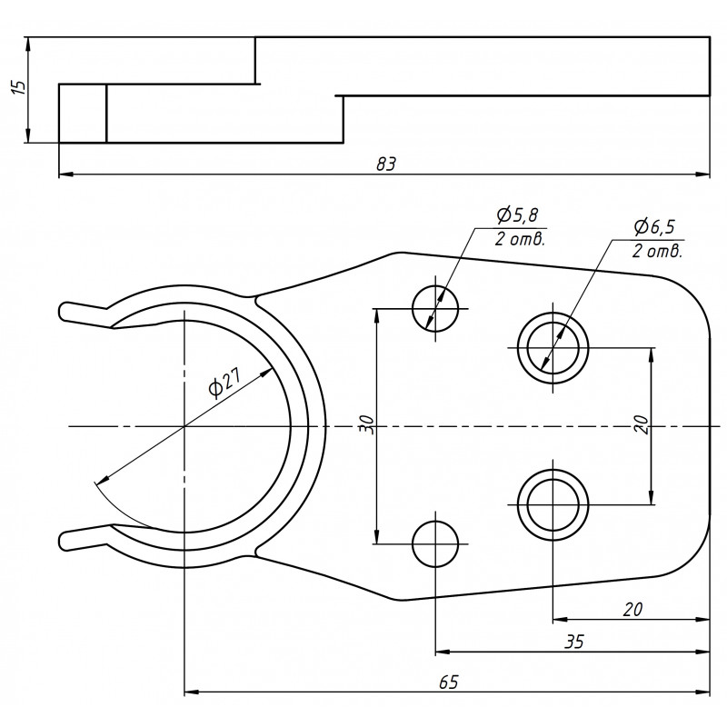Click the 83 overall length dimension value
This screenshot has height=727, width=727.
click(x=386, y=164)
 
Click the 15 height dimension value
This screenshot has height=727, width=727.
click(x=15, y=88)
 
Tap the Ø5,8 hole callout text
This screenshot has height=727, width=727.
click(x=517, y=215)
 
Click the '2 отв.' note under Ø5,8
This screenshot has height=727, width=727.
click(x=520, y=240)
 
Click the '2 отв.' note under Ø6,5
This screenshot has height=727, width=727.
click(x=656, y=251)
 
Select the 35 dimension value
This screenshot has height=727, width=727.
click(x=573, y=642)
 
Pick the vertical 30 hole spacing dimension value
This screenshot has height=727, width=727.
click(x=365, y=425)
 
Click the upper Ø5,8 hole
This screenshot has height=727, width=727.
click(x=435, y=309)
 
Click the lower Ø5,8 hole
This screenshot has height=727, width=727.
click(x=435, y=543)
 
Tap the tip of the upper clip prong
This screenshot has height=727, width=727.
click(x=64, y=310)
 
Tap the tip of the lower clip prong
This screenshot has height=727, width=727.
click(x=64, y=542)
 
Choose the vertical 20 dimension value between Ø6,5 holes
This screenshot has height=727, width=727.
click(x=642, y=425)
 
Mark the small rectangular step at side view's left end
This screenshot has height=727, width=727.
click(x=83, y=114)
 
